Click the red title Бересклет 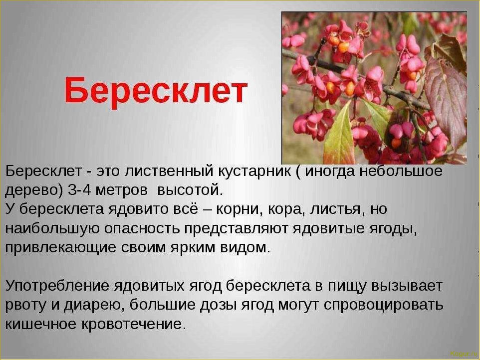[156, 91]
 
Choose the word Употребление [57, 286]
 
